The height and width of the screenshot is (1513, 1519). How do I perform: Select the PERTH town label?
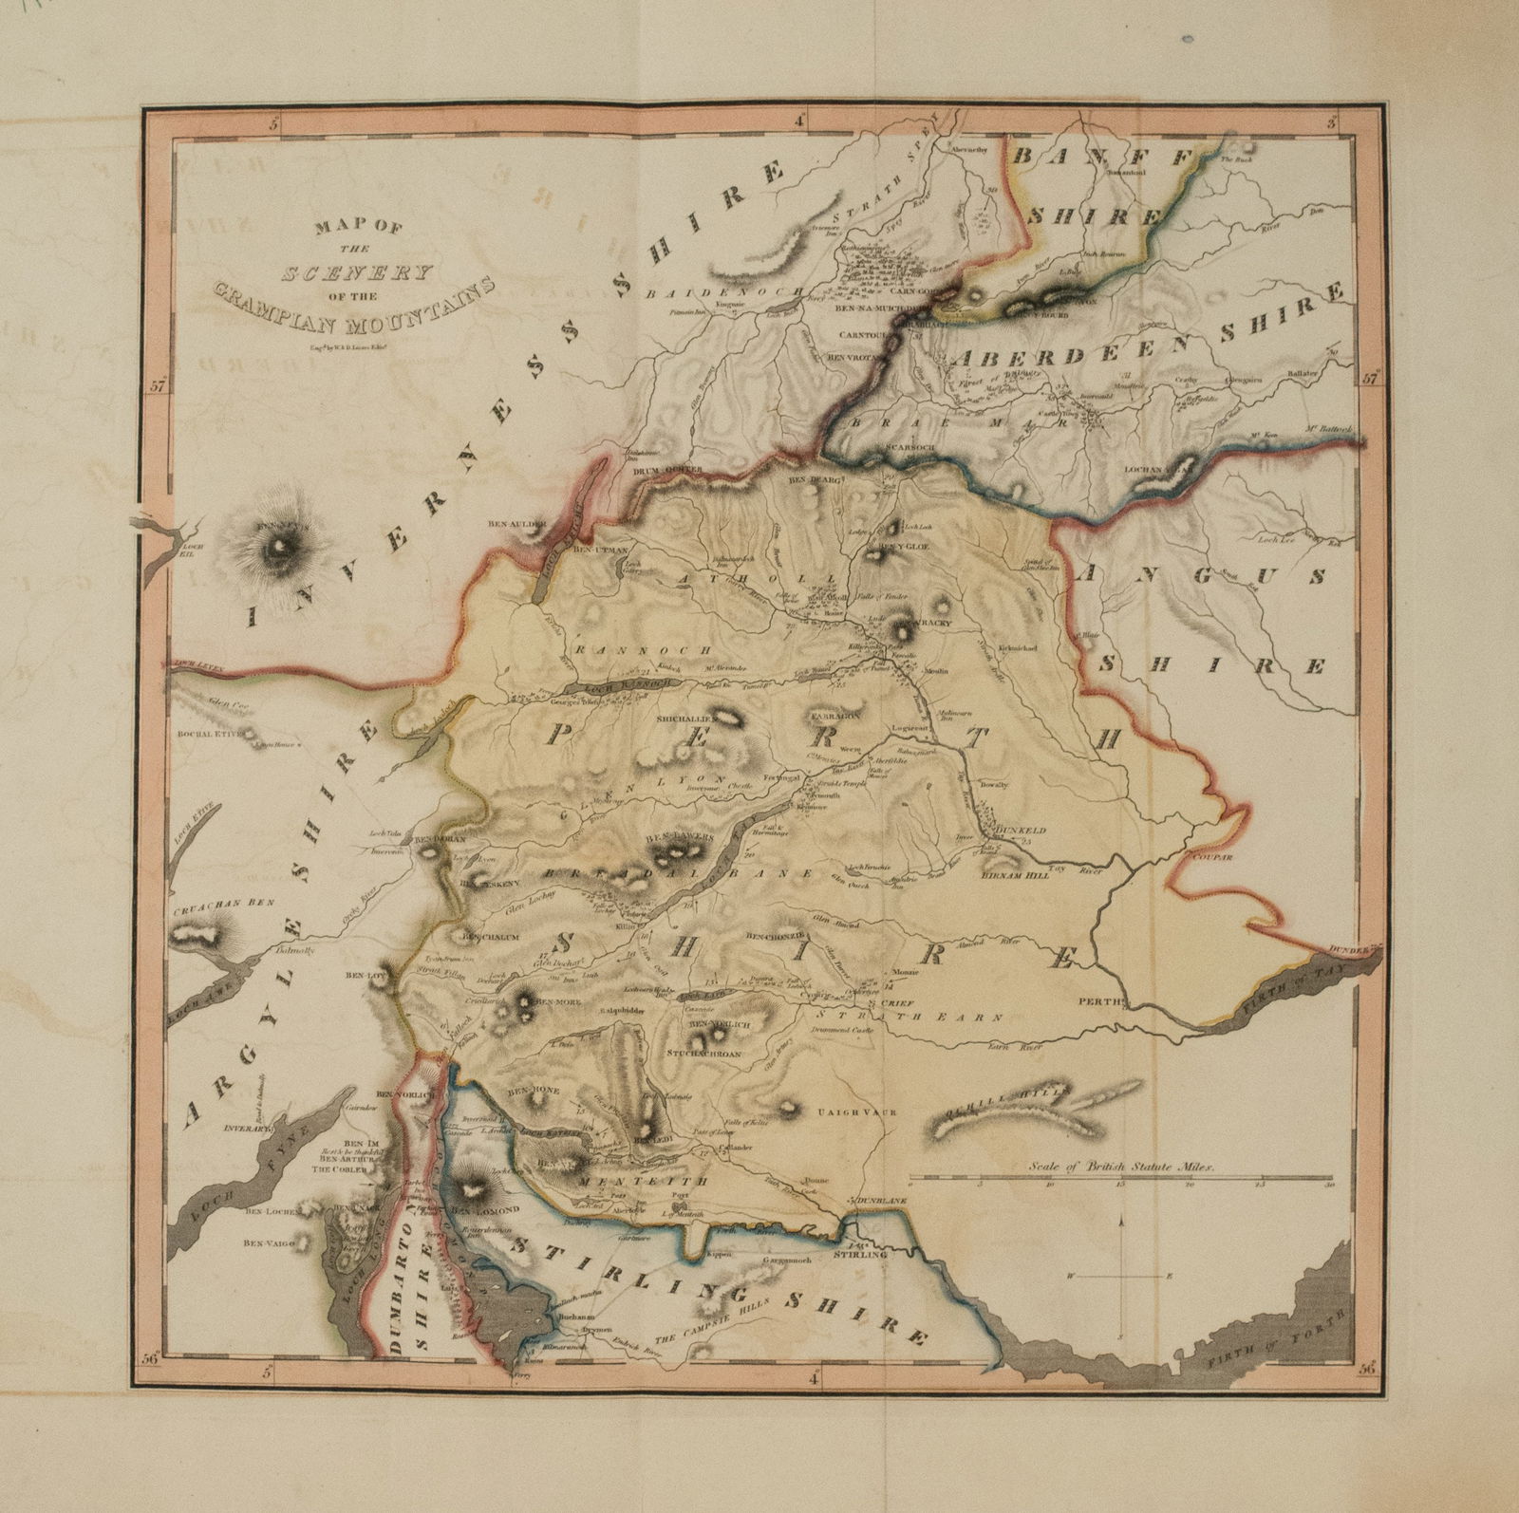[1101, 1000]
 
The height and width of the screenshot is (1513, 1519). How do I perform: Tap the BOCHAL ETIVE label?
[206, 734]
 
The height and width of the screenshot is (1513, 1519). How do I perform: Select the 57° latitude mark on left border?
[157, 386]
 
